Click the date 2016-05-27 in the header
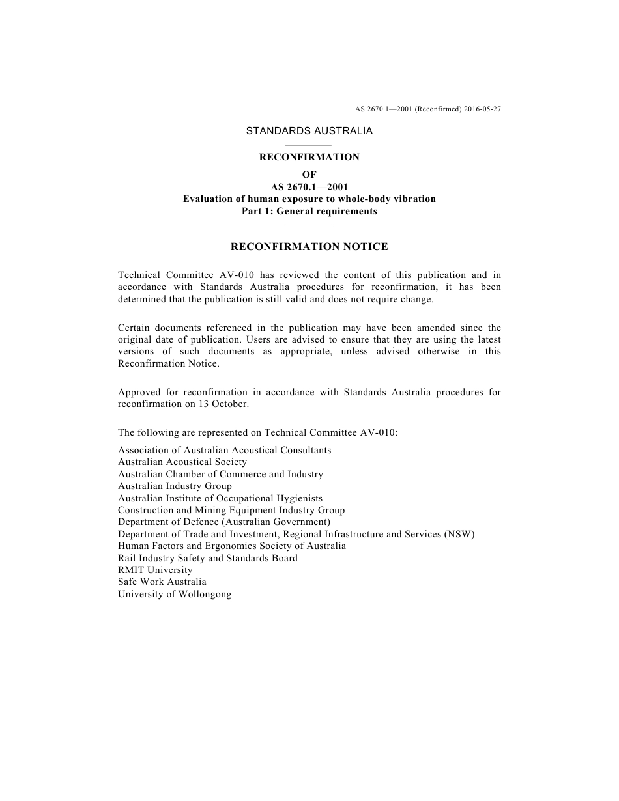483,109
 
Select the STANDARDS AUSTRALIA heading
309,131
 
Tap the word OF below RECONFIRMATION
309,175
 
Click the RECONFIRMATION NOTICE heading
309,247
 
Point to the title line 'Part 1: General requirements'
309,211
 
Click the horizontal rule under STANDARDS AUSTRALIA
309,145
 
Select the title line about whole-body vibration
309,199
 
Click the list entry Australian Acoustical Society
182,462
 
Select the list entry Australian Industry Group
175,486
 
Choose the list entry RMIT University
155,570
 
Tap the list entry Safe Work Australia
162,582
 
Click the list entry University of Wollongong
175,594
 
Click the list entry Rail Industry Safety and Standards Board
208,558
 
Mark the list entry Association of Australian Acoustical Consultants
224,450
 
